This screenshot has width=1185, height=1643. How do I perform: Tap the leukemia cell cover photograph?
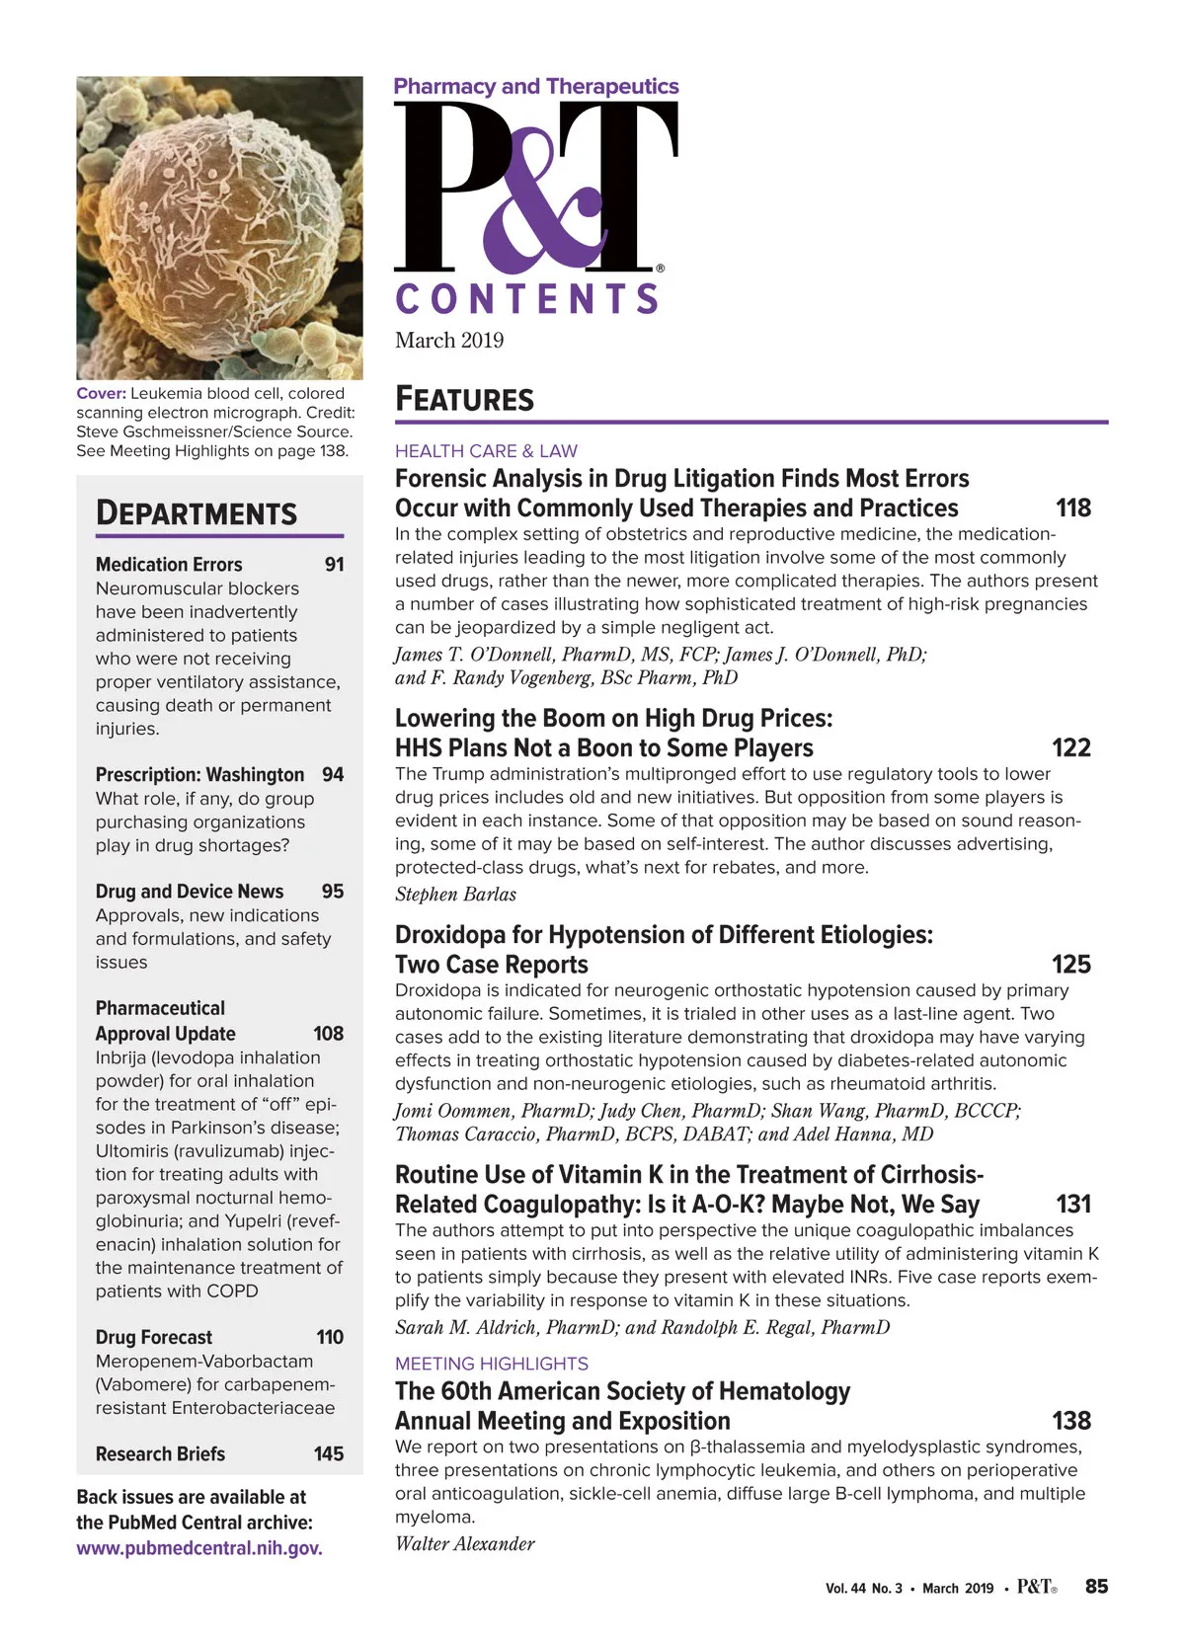click(219, 228)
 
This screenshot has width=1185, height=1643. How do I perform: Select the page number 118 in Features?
click(1072, 509)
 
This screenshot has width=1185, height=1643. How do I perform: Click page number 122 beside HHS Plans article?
click(1070, 747)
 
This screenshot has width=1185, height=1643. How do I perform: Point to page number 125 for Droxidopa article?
click(1070, 965)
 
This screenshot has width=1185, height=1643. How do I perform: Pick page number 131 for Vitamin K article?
click(1072, 1205)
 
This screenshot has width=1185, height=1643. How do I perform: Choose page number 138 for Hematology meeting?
click(1070, 1421)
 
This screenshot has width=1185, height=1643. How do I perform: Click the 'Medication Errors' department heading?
click(169, 565)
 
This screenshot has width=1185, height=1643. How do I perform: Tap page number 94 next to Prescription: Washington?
click(333, 775)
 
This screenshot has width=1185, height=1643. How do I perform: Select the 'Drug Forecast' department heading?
click(154, 1337)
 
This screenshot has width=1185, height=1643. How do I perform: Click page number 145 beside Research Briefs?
click(328, 1454)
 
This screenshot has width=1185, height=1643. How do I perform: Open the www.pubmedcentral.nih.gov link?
click(199, 1548)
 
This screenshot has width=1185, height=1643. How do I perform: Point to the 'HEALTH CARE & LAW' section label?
click(486, 451)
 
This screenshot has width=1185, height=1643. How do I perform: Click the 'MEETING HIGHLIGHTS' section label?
click(491, 1364)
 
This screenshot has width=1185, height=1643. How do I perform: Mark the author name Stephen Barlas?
click(455, 895)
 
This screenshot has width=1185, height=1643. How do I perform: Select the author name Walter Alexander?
click(464, 1544)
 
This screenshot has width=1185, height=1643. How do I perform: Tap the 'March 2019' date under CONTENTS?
click(449, 341)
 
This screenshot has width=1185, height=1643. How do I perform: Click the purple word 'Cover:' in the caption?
click(101, 393)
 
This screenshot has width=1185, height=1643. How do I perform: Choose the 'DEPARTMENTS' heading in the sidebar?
click(196, 513)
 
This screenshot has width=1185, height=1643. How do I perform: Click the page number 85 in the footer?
click(1096, 1587)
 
